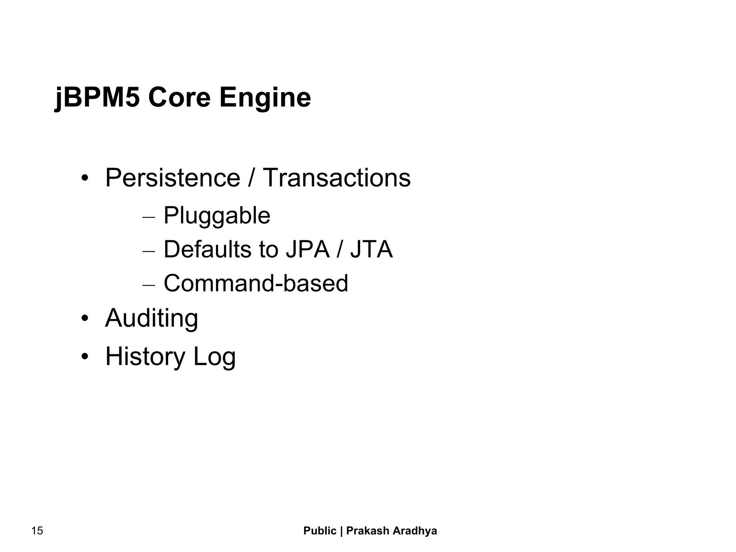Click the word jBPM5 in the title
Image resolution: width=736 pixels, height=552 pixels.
click(x=97, y=98)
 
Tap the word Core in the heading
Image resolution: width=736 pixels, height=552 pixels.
click(x=179, y=98)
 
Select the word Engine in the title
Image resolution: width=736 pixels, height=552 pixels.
click(x=265, y=98)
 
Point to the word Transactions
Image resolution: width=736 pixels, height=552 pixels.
click(x=337, y=178)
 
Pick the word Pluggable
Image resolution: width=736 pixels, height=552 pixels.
click(x=217, y=215)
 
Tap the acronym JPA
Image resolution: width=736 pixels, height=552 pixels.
click(x=308, y=249)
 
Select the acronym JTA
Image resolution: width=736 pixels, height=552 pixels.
click(x=372, y=249)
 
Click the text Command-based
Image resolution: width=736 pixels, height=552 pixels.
click(x=256, y=283)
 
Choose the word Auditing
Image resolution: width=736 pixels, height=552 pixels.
click(x=151, y=318)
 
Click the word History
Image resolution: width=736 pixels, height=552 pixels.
click(x=145, y=356)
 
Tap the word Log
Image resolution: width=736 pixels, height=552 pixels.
click(x=215, y=357)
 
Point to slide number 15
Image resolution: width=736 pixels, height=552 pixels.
click(x=37, y=531)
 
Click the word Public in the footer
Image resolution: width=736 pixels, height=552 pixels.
click(x=320, y=531)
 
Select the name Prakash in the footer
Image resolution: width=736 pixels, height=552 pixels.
click(x=367, y=531)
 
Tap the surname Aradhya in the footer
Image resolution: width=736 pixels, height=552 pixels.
click(x=415, y=531)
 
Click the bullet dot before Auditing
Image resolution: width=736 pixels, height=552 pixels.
click(x=85, y=319)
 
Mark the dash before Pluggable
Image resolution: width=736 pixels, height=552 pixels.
click(x=148, y=218)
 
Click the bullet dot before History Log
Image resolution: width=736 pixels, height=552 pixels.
click(x=85, y=357)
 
